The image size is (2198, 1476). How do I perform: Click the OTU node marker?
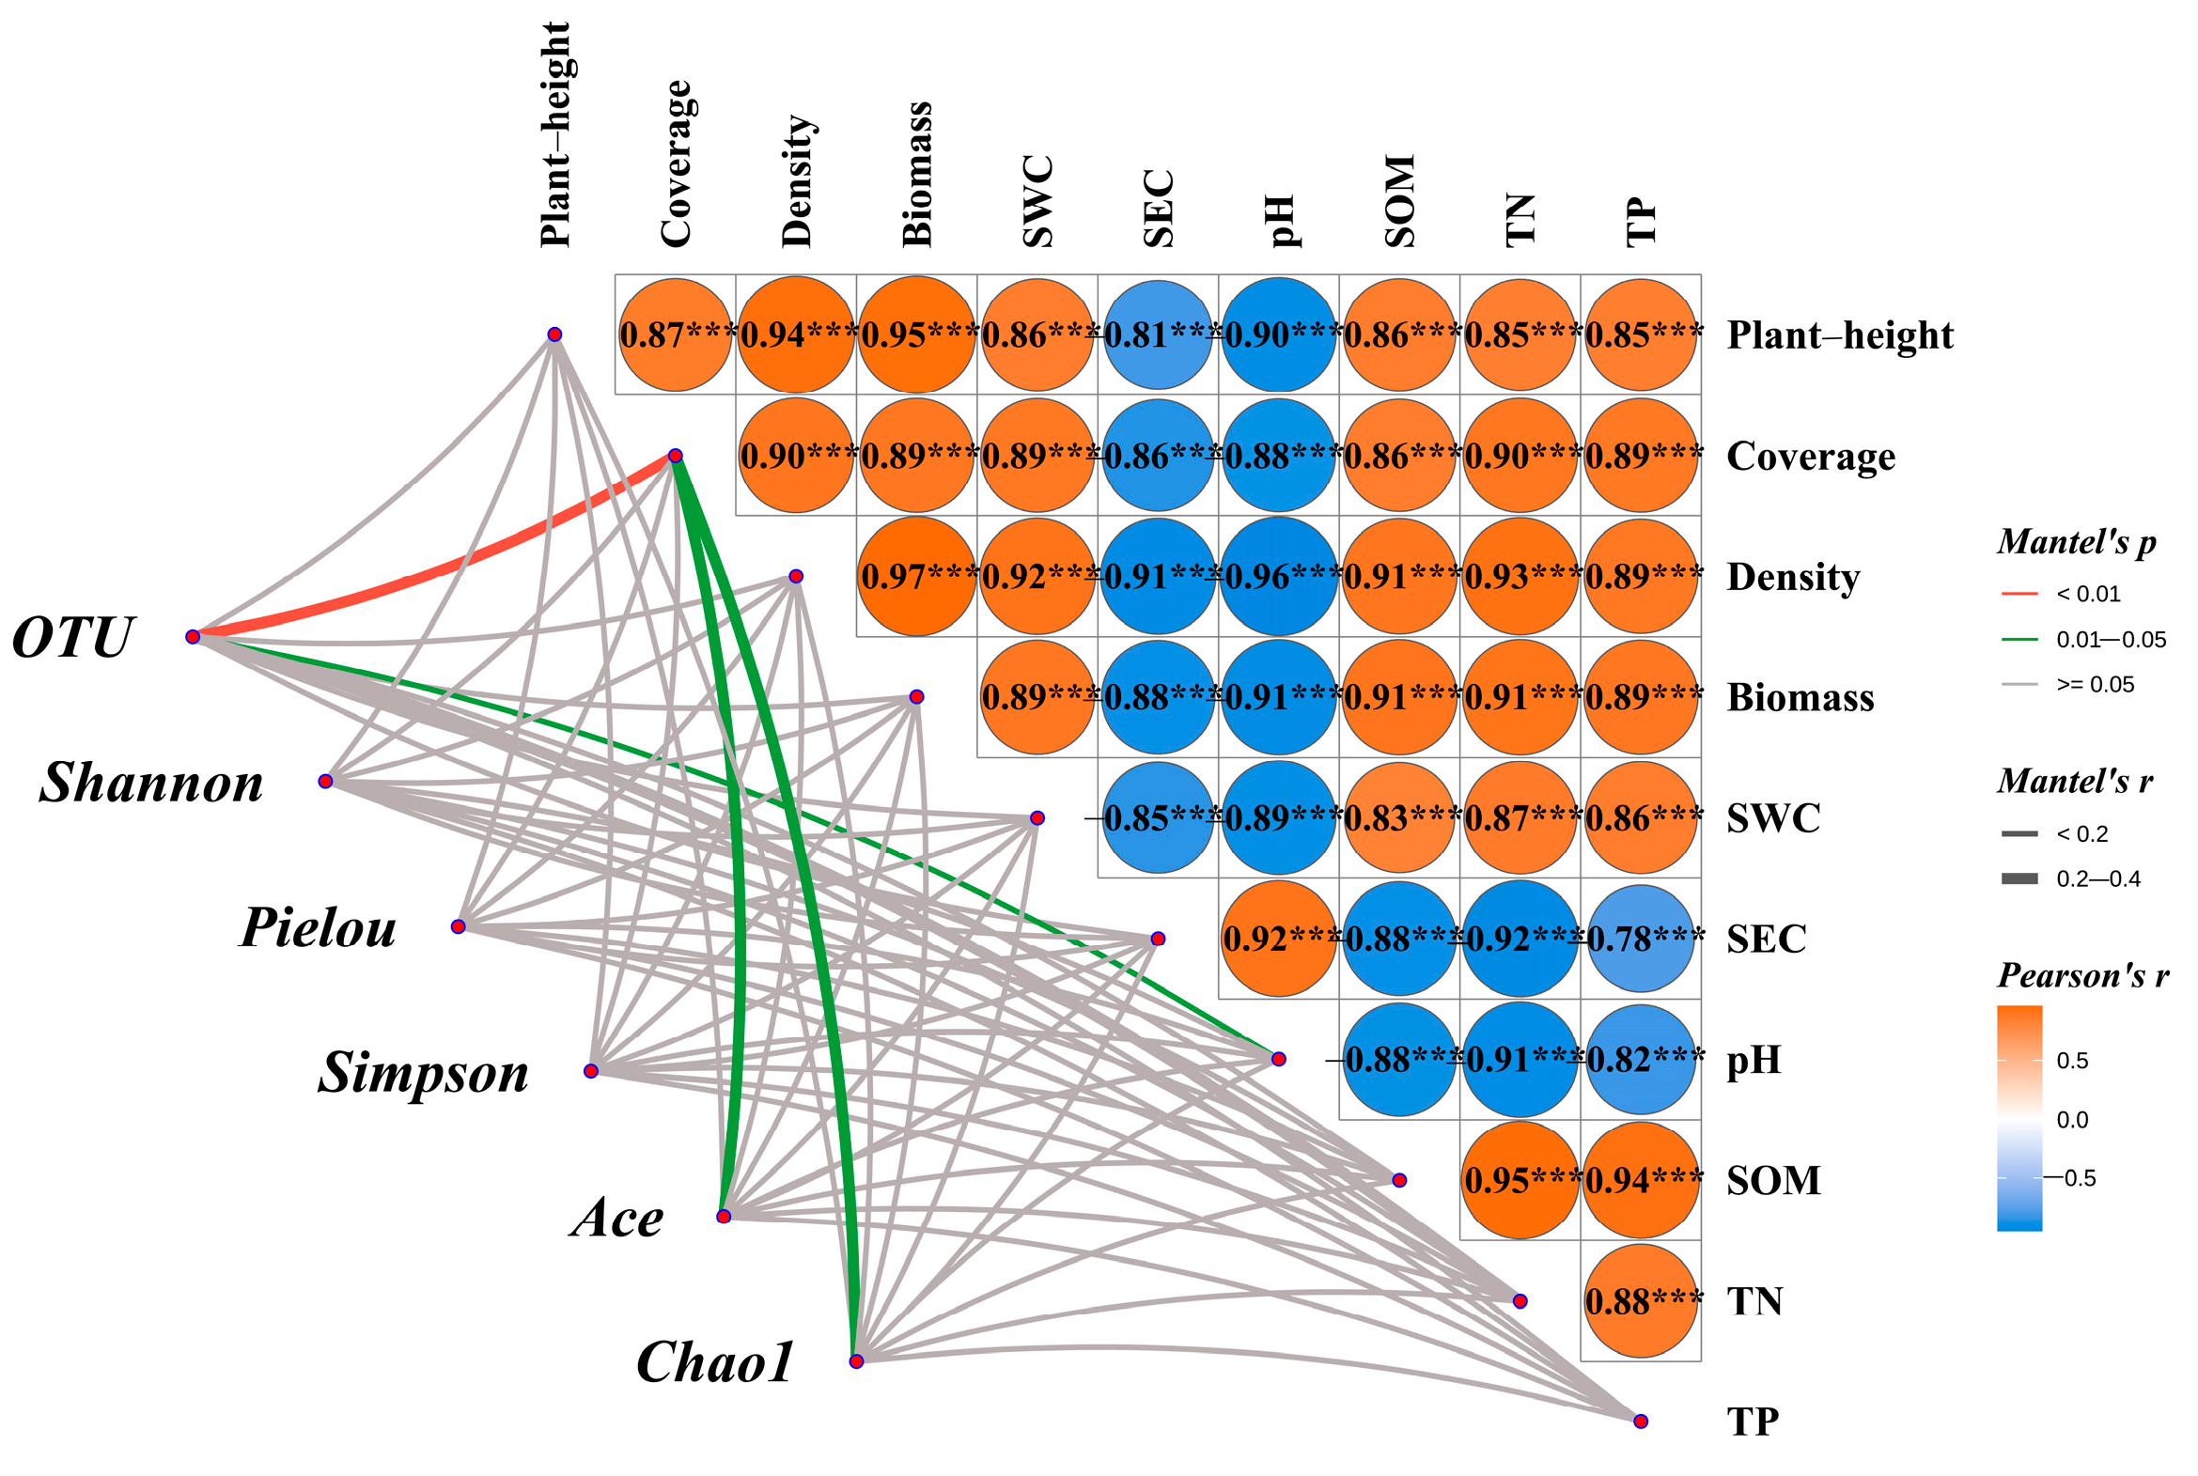pos(193,637)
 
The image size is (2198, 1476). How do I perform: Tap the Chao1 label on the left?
pos(715,1362)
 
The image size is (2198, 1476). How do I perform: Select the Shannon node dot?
pos(326,782)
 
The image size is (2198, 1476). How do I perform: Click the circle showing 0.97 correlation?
pos(916,576)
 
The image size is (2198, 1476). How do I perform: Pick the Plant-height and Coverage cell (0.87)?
pos(675,335)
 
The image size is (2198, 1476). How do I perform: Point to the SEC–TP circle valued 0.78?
pos(1641,939)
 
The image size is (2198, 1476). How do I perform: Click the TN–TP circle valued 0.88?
pos(1641,1301)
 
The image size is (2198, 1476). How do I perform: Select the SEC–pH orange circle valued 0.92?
pos(1278,939)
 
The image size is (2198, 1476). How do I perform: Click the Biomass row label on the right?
pos(1800,697)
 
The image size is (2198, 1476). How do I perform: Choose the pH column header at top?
pos(1279,221)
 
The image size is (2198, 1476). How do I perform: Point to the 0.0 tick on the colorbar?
pos(2072,1119)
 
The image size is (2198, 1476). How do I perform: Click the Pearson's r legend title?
pos(2083,975)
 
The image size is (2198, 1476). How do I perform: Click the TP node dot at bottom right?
pos(1641,1422)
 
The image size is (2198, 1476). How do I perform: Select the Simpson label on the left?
pos(424,1072)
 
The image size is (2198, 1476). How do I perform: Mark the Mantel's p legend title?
pos(2077,541)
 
